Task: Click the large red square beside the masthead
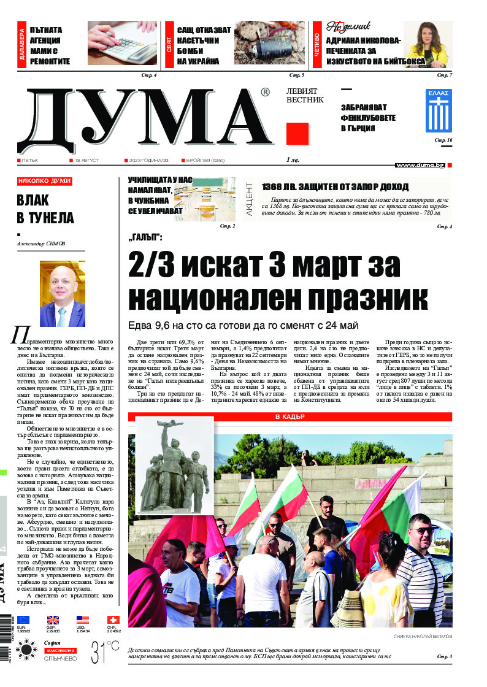click(297, 134)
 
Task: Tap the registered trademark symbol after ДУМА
click(264, 93)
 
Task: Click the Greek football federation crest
click(438, 110)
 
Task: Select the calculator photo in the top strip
click(122, 43)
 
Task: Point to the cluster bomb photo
click(270, 43)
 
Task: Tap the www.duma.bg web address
click(420, 165)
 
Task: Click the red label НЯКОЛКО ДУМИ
click(45, 182)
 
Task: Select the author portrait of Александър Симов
click(62, 294)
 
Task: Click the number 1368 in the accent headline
click(271, 187)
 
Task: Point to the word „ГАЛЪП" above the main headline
click(145, 237)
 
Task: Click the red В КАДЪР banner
click(290, 417)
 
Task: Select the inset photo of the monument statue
click(174, 464)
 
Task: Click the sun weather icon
click(26, 650)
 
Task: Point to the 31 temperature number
click(99, 651)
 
